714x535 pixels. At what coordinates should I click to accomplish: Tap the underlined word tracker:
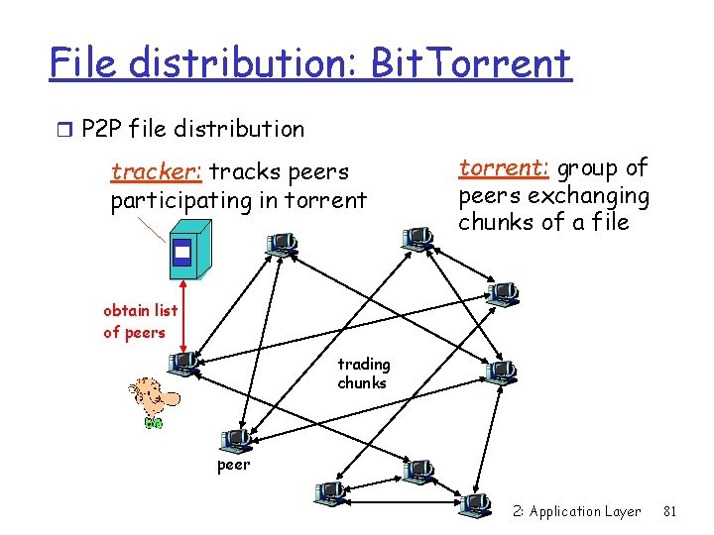click(x=157, y=172)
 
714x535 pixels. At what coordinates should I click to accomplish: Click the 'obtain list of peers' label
click(x=140, y=322)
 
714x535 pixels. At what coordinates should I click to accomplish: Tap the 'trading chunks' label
click(x=363, y=374)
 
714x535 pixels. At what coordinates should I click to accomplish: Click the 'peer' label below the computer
click(x=234, y=465)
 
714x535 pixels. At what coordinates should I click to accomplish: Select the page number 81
click(x=669, y=511)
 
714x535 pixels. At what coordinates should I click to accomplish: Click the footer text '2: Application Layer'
click(x=577, y=511)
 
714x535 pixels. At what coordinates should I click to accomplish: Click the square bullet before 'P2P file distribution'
click(x=66, y=129)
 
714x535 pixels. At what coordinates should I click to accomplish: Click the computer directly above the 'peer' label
click(x=237, y=439)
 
